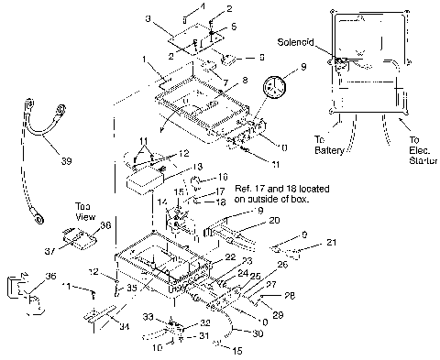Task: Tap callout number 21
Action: pyautogui.click(x=332, y=243)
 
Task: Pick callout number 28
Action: pyautogui.click(x=291, y=295)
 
